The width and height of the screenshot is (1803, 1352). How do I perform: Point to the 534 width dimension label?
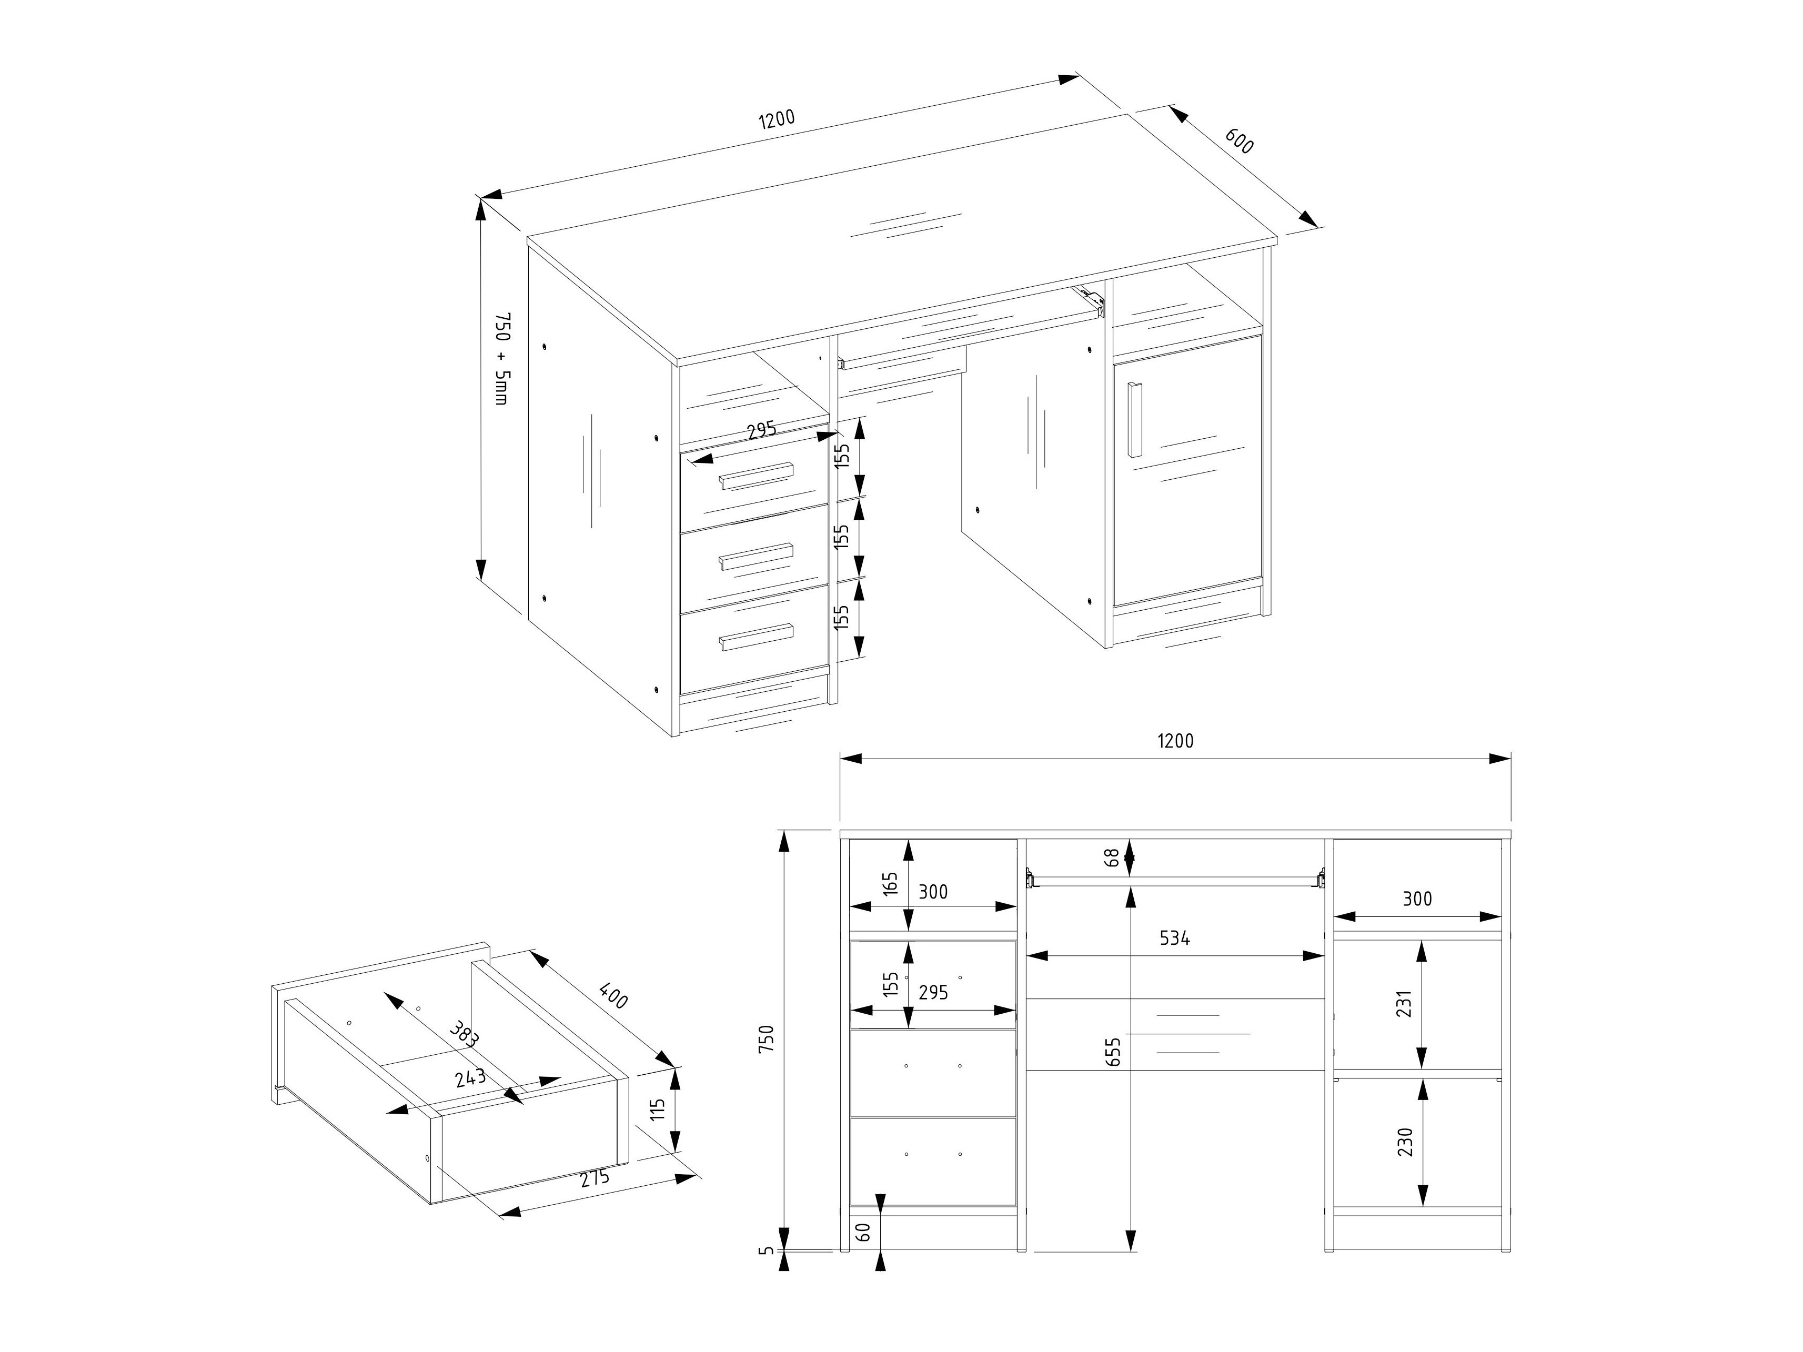pos(1175,938)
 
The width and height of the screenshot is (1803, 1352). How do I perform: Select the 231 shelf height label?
pos(1403,1004)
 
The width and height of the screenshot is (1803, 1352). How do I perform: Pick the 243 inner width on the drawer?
pos(470,1077)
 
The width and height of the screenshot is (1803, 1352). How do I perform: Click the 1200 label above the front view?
pos(1175,740)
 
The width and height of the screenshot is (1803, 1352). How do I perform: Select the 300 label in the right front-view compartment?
pos(1417,899)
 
